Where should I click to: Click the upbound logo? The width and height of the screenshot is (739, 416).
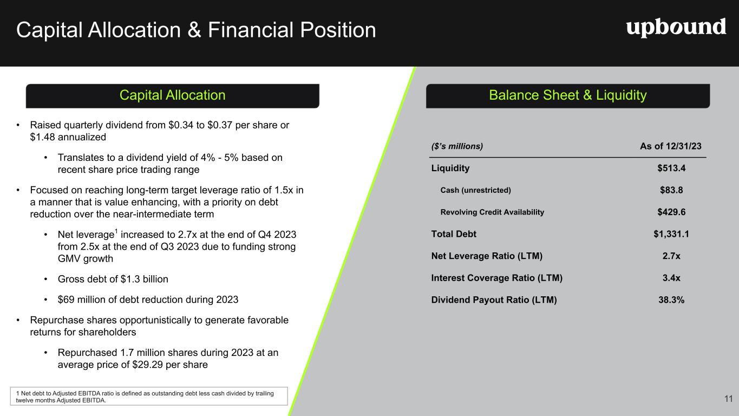(676, 28)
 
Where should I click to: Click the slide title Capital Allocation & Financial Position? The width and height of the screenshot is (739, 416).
(196, 30)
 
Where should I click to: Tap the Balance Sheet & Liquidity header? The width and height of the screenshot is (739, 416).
(568, 95)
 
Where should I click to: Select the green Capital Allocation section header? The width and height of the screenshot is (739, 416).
(172, 95)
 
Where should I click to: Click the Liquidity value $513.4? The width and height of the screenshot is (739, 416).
(671, 168)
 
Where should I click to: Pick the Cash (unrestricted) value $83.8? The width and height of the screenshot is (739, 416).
(671, 190)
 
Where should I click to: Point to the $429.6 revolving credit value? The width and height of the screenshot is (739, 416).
(671, 212)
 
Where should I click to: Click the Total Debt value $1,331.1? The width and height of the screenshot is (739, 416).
(671, 234)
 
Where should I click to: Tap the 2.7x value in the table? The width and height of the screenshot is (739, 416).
(671, 256)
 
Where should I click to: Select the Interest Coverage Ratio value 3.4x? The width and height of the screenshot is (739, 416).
(671, 278)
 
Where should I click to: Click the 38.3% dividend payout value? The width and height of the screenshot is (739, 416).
(671, 300)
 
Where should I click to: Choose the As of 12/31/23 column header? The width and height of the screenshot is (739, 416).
(671, 146)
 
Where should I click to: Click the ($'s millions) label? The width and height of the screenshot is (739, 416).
(457, 146)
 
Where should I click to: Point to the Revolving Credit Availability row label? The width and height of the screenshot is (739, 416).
(492, 212)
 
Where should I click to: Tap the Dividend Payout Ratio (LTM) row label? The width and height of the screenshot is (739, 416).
(494, 300)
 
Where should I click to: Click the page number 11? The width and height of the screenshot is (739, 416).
(729, 399)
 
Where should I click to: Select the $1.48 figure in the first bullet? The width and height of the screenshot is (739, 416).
(43, 137)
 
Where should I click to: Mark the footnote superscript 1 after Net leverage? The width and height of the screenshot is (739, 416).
(116, 231)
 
